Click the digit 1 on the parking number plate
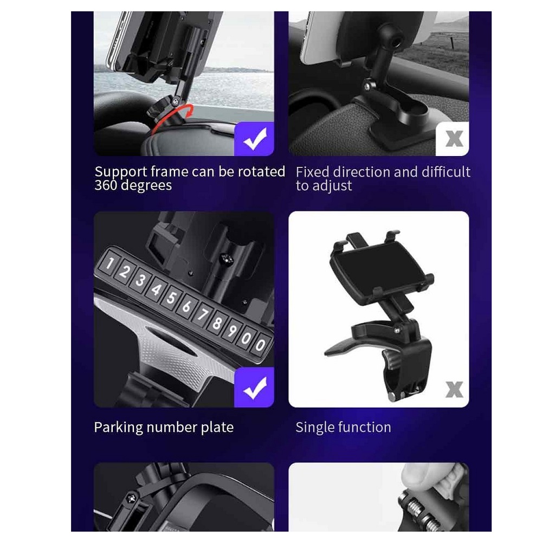[x=109, y=264]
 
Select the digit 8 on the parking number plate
[x=217, y=323]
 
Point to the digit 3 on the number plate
[x=140, y=280]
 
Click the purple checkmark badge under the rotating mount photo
[x=254, y=139]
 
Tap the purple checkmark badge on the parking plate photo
[x=254, y=388]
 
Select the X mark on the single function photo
[x=454, y=389]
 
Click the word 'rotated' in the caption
[x=261, y=171]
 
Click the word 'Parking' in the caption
[x=119, y=428]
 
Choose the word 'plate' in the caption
[x=217, y=428]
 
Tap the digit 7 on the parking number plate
[x=202, y=314]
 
